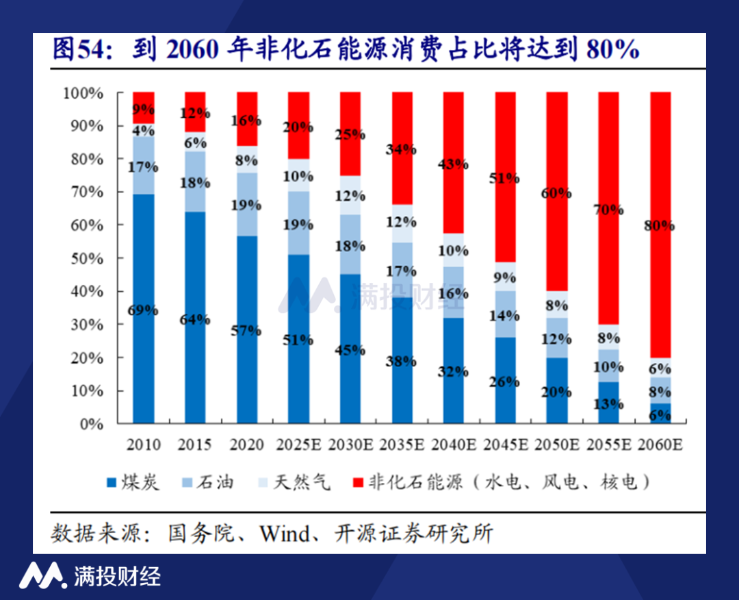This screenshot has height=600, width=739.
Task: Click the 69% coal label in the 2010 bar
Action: pyautogui.click(x=144, y=310)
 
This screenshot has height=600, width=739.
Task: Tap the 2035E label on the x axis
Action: pyautogui.click(x=402, y=445)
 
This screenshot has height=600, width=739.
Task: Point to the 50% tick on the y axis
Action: pyautogui.click(x=83, y=259)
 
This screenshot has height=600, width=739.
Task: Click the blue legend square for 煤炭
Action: pyautogui.click(x=112, y=483)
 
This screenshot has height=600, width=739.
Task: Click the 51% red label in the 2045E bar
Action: pyautogui.click(x=505, y=179)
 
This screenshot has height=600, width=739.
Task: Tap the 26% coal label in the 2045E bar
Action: pyautogui.click(x=505, y=382)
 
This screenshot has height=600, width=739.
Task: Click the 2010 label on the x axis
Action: pyautogui.click(x=144, y=445)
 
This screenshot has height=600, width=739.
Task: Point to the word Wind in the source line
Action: pyautogui.click(x=284, y=534)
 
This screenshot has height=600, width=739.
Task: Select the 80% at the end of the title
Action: pyautogui.click(x=613, y=50)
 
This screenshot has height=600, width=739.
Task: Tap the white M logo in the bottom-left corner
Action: pyautogui.click(x=42, y=576)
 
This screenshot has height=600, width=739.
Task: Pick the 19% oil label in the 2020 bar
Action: pyautogui.click(x=247, y=205)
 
